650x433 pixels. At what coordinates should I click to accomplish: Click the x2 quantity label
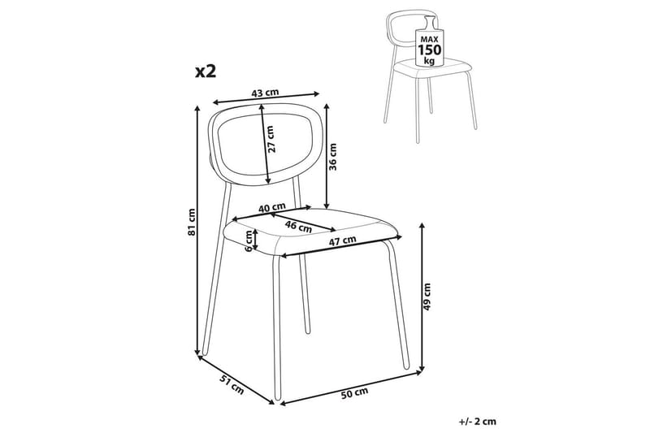[206, 71]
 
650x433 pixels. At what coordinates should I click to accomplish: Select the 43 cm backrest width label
[263, 93]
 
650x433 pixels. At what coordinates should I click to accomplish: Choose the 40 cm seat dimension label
[271, 209]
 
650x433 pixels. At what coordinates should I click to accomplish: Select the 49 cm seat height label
[429, 298]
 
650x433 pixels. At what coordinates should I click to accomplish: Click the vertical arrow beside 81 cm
[199, 232]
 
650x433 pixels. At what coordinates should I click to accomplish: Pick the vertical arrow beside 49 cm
[422, 297]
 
